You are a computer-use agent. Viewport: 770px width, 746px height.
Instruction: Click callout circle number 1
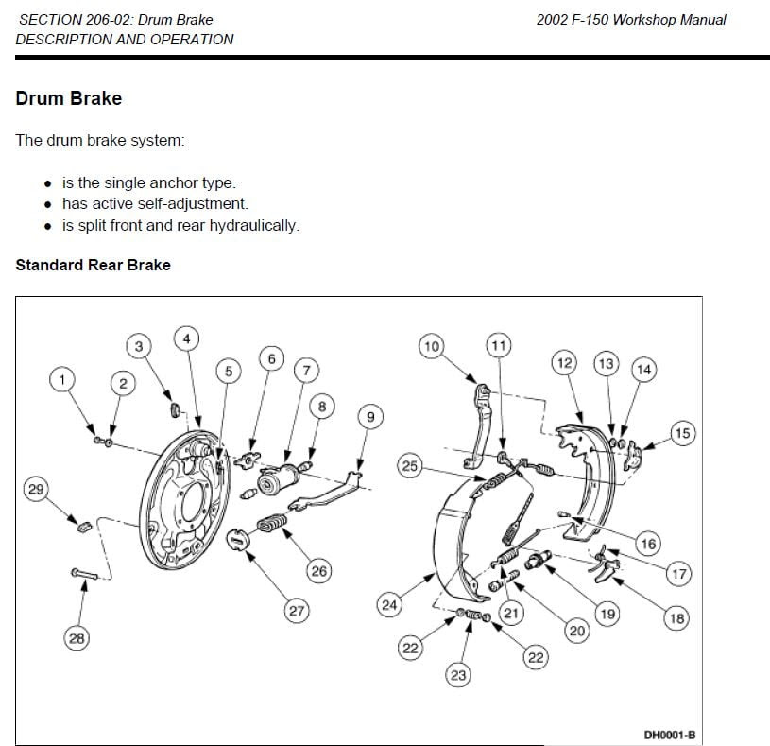(62, 380)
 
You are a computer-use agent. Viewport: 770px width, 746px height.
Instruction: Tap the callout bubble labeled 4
(187, 338)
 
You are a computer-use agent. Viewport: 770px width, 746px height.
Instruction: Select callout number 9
(369, 417)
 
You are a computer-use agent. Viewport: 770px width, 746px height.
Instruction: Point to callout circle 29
(36, 489)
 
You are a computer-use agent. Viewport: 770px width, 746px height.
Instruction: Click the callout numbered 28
(77, 638)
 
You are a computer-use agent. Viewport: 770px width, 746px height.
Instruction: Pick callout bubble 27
(297, 611)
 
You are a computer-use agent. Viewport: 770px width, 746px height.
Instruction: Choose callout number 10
(432, 347)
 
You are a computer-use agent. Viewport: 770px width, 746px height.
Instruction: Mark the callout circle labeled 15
(682, 434)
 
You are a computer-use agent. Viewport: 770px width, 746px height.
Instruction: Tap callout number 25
(409, 466)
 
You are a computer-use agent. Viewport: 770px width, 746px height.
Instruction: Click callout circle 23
(459, 675)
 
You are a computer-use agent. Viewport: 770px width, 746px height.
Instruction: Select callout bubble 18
(676, 618)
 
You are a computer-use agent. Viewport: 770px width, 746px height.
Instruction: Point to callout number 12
(564, 363)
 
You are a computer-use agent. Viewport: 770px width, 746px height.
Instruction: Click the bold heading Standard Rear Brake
(93, 265)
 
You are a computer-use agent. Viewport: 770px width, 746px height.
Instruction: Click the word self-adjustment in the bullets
(200, 204)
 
